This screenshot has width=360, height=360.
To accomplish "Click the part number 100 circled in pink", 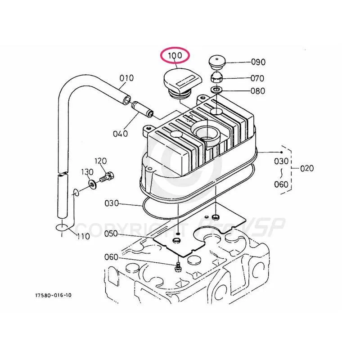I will pyautogui.click(x=175, y=56).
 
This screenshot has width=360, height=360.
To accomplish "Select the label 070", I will pyautogui.click(x=257, y=78).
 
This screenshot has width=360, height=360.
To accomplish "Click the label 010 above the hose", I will pyautogui.click(x=126, y=78).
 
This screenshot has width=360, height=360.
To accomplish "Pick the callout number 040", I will pyautogui.click(x=120, y=134).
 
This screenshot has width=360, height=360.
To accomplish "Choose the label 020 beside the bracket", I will pyautogui.click(x=307, y=168).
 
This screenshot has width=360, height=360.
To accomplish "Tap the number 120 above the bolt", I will pyautogui.click(x=100, y=161).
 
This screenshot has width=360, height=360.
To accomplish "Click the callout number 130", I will pyautogui.click(x=87, y=172).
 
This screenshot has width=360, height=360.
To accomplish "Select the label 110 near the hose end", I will pyautogui.click(x=83, y=236).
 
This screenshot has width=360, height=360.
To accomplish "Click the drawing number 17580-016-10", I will pyautogui.click(x=53, y=295).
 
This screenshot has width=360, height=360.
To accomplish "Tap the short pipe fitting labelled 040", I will pyautogui.click(x=142, y=108).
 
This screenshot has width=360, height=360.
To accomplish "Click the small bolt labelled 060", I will pyautogui.click(x=178, y=266).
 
